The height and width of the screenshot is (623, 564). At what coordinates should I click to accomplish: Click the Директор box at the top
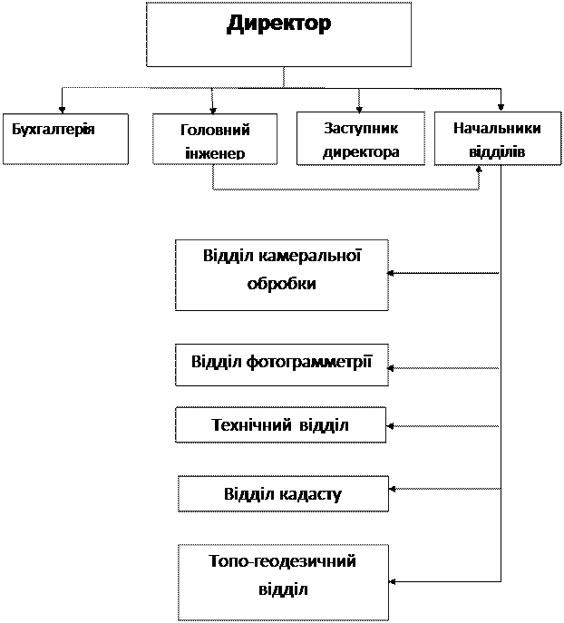point(278,34)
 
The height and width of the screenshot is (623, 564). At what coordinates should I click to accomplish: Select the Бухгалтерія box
point(65,139)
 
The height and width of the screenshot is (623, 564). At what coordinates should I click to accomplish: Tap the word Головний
point(215,130)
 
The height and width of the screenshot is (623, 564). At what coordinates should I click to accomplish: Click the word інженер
point(215,153)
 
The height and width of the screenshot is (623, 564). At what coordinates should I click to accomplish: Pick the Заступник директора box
point(361,138)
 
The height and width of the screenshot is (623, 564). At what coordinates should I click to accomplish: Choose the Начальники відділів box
point(498,138)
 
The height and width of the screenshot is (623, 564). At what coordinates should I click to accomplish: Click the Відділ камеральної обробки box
point(282,275)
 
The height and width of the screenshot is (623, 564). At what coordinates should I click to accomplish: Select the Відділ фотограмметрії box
point(282,365)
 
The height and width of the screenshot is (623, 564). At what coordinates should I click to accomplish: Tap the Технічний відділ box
point(280,424)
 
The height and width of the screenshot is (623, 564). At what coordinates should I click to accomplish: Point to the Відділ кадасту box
point(283,493)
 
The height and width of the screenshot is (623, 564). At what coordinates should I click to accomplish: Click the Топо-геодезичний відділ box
point(283,582)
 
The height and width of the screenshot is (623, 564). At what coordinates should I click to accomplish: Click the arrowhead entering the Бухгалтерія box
point(62,110)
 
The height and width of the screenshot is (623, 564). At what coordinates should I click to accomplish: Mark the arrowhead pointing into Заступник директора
point(359,109)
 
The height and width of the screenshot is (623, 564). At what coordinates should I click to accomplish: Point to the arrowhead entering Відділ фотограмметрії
point(391,368)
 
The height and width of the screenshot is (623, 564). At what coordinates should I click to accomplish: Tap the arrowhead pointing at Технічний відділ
point(390,426)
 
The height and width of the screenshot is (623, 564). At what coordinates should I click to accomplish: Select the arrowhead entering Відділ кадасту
point(393,489)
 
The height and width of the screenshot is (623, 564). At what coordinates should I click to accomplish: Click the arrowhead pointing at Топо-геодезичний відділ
point(393,581)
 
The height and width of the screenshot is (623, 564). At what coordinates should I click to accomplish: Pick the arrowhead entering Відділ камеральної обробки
point(391,273)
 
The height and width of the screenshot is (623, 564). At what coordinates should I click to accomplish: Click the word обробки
point(282,283)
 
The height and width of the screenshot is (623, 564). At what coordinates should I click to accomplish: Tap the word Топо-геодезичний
point(282,561)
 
